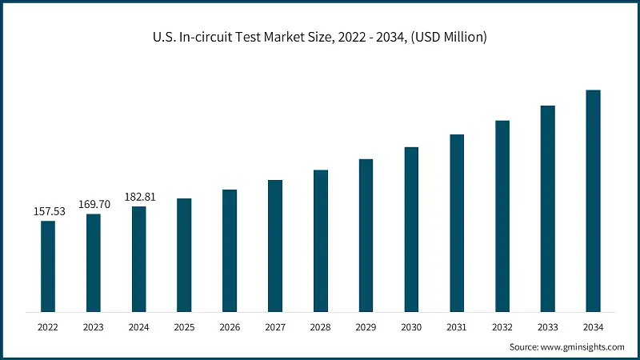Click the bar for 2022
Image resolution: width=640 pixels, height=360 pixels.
pos(48,266)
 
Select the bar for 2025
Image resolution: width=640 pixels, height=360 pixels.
pos(184,254)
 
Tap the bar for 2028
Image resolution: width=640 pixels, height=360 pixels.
pos(321,240)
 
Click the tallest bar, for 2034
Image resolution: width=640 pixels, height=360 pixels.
pos(593,200)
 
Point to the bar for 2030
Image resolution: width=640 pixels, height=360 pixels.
pos(411,229)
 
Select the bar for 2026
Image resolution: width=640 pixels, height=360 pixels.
pos(230,250)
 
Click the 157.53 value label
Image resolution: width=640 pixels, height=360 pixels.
pos(48,212)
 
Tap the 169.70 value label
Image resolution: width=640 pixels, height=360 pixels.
pos(94,205)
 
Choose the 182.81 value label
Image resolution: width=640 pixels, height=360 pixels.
pos(139,197)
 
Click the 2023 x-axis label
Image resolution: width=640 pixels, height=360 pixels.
pos(94,327)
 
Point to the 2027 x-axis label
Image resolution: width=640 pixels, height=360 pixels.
pos(275,327)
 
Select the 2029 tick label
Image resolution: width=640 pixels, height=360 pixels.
pos(366,327)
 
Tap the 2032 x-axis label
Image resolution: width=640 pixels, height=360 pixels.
pos(502,327)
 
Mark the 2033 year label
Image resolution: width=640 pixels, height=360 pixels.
pos(547,327)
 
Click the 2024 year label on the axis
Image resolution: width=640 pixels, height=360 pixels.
pos(139,327)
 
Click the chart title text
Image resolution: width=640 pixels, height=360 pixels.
pos(320,38)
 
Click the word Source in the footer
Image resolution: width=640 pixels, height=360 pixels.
pos(525,347)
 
